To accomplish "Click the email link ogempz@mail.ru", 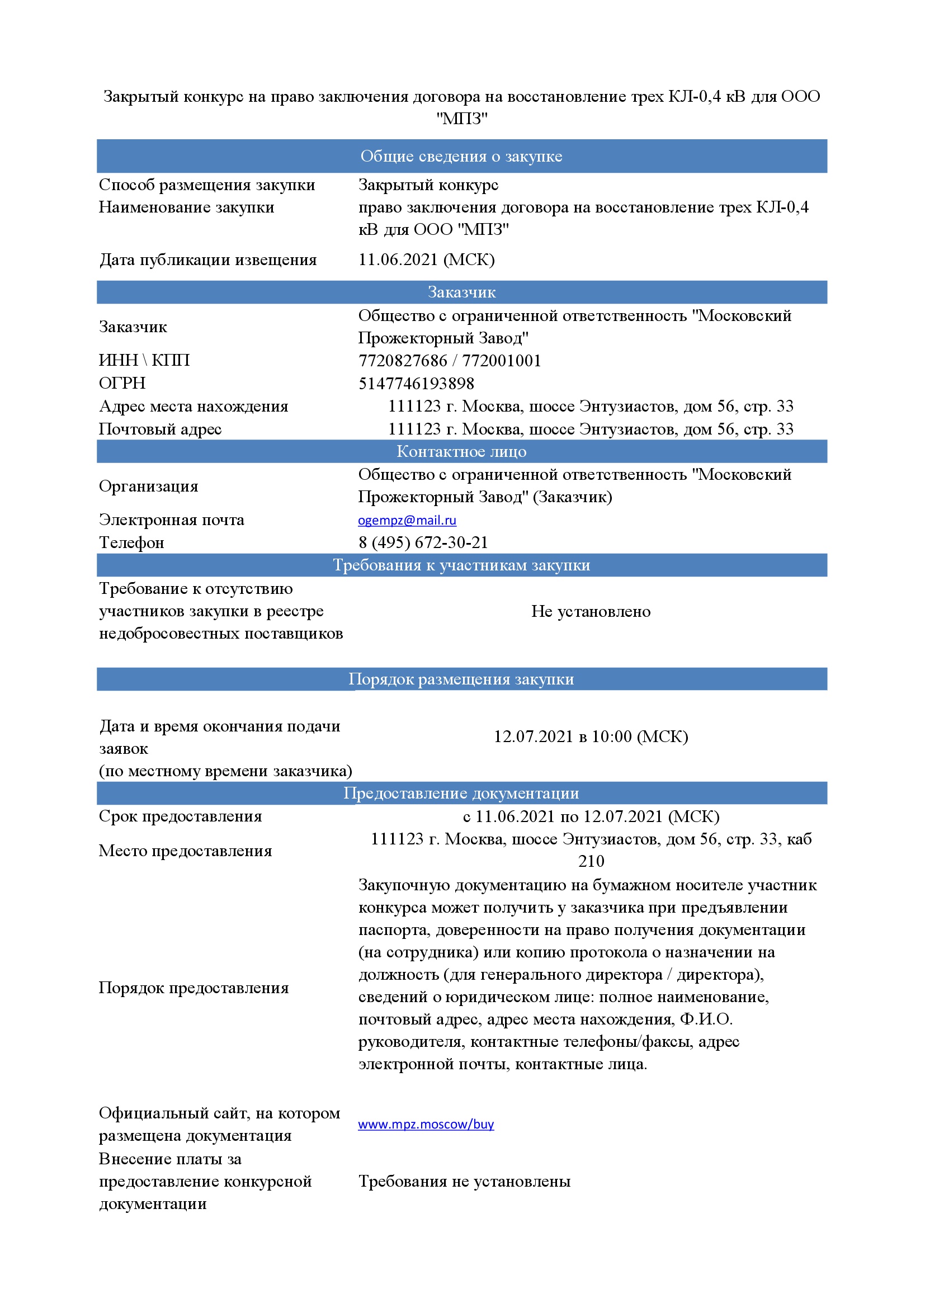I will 407,520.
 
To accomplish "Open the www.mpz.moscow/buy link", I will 426,1124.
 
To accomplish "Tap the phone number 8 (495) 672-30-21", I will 423,542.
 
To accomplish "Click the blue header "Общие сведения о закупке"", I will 461,156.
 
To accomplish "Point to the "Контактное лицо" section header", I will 461,451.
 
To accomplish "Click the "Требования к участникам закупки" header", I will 461,565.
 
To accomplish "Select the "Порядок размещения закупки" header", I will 461,679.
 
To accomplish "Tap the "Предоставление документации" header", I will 461,793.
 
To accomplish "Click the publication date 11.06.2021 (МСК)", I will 426,260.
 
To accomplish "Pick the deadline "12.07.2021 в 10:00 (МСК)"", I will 591,736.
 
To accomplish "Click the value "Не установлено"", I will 591,611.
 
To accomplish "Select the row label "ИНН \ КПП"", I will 144,360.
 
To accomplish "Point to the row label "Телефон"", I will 131,542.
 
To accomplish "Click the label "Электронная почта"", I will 172,520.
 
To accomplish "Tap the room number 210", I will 591,861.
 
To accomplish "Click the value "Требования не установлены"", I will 464,1182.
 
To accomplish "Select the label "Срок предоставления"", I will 180,816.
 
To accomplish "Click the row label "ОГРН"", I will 122,383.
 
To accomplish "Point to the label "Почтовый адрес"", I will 160,428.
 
